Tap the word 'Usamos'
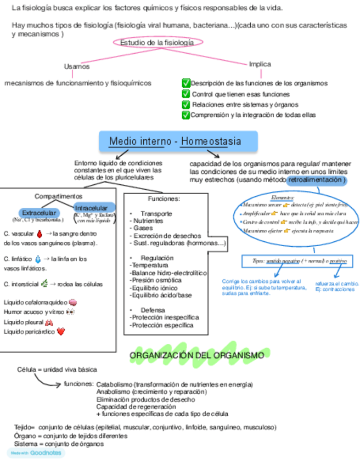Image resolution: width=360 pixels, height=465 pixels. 76,66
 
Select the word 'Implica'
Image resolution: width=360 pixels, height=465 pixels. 260,64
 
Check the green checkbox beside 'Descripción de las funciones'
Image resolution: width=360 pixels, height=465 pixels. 186,83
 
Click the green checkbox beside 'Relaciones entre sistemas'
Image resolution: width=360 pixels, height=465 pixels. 186,104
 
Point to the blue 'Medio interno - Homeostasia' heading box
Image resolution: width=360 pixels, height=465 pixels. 175,141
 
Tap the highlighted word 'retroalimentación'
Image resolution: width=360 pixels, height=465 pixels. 316,180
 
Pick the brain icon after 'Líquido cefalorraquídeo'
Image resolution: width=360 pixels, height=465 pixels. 72,302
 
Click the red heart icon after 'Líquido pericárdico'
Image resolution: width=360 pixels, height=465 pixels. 61,331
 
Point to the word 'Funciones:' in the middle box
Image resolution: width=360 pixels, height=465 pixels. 164,199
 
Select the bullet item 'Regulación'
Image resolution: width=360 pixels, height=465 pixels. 157,258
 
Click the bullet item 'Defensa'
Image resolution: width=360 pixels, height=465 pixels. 153,310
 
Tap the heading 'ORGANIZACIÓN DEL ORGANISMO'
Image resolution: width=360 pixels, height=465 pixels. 196,356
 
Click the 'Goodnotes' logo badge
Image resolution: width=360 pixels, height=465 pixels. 36,453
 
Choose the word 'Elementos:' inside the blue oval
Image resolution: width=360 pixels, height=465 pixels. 283,197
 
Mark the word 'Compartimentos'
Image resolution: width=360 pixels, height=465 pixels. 59,196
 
